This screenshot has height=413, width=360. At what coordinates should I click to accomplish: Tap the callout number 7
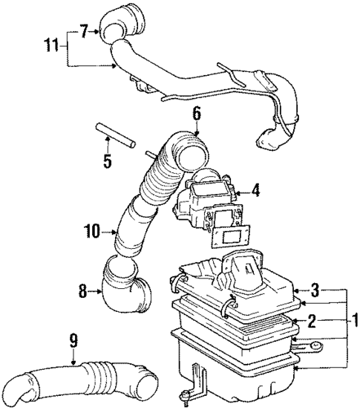84,32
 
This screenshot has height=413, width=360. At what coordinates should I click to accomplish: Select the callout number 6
197,114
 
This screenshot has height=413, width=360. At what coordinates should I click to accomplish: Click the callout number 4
255,192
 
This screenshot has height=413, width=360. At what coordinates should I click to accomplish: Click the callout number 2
312,320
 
